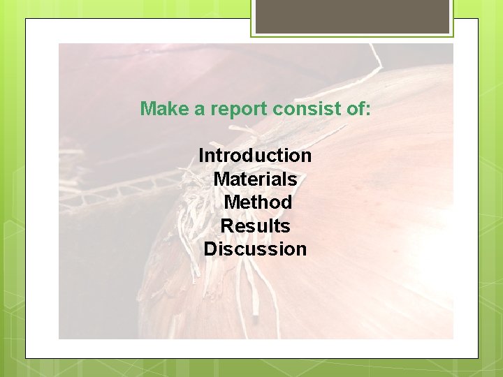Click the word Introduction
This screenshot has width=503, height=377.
coord(255,155)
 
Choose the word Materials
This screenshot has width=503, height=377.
coord(255,179)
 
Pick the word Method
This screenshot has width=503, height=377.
coord(257,202)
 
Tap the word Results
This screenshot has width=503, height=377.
coord(255,226)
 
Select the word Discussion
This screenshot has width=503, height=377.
coord(255,249)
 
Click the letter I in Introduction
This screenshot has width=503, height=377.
coord(201,155)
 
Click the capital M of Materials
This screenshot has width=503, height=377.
coord(221,179)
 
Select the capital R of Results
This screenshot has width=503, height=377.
coord(227,226)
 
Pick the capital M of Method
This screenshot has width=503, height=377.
coord(231,202)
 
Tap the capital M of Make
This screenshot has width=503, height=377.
coord(147,109)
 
